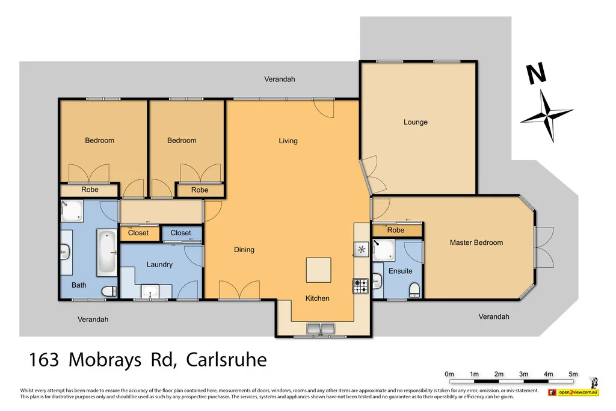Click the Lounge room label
(416, 122)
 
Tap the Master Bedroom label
(476, 243)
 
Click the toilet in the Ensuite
(414, 291)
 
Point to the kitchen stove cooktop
(360, 286)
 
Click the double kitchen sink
(321, 329)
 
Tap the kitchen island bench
(318, 270)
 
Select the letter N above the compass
(535, 74)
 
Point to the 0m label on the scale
(449, 374)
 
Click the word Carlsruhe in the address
(226, 360)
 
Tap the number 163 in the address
(44, 360)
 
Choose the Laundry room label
(159, 264)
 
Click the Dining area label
(244, 250)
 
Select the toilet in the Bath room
(109, 292)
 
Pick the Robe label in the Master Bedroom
(396, 230)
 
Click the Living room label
(288, 141)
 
